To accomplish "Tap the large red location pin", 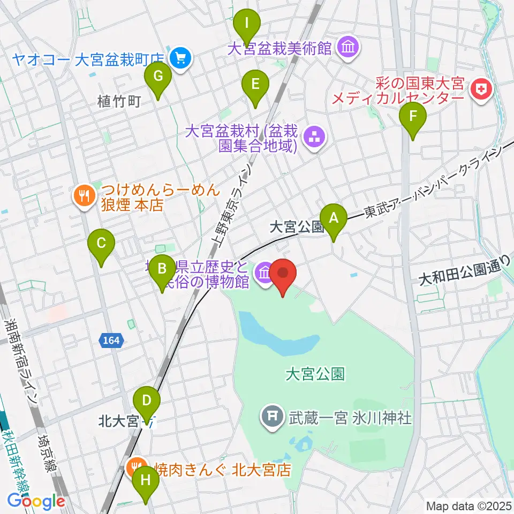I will (x=284, y=275).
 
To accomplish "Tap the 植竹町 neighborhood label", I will (x=118, y=101).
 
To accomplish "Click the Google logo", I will (x=36, y=501).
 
